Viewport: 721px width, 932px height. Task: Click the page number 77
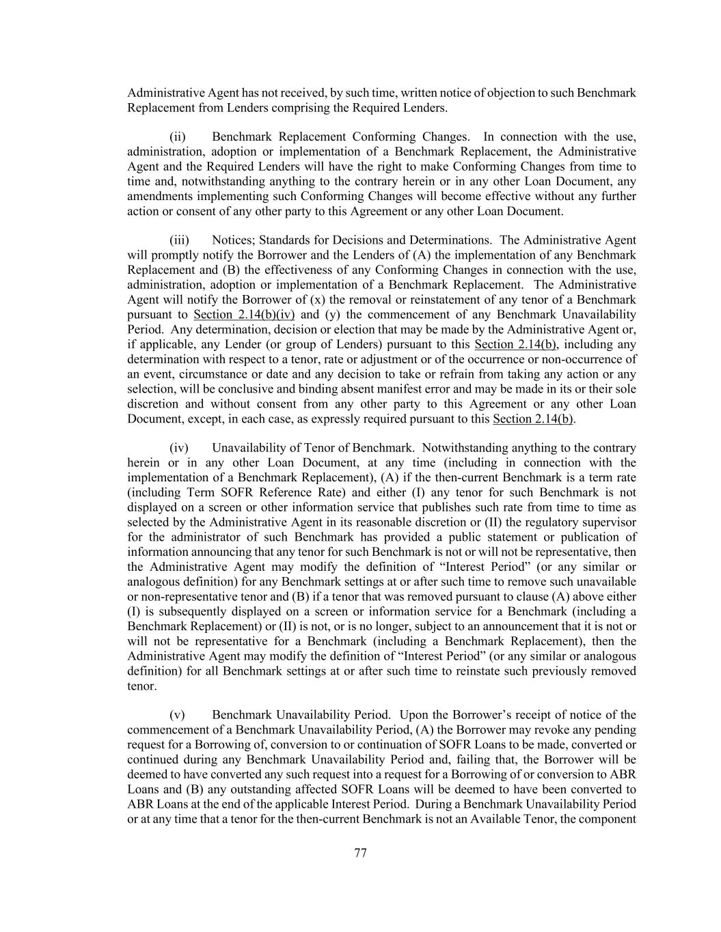(361, 853)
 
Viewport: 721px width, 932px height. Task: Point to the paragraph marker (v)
(177, 715)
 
